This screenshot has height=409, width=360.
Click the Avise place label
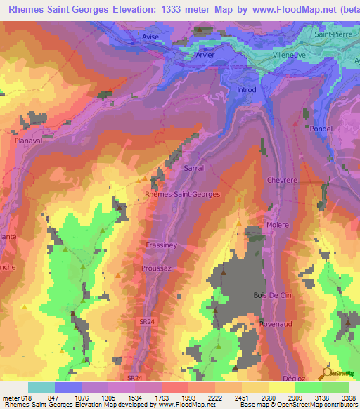pos(155,39)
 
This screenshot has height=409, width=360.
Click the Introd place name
pos(246,89)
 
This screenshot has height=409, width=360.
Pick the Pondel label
pos(320,129)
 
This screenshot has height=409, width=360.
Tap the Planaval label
pos(29,141)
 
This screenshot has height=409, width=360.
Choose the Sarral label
pos(193,169)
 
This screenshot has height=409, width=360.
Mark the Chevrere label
pos(282,180)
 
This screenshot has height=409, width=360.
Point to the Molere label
pos(278,225)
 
